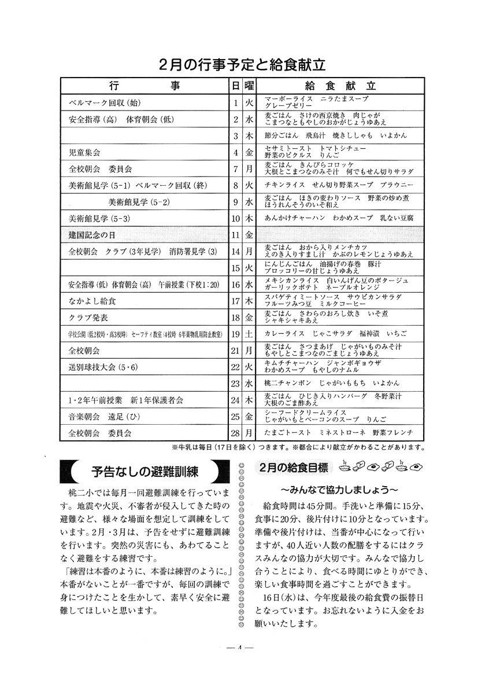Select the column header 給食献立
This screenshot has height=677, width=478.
340,85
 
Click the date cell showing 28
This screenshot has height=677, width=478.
235,432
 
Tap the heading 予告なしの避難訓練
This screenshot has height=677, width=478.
141,472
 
